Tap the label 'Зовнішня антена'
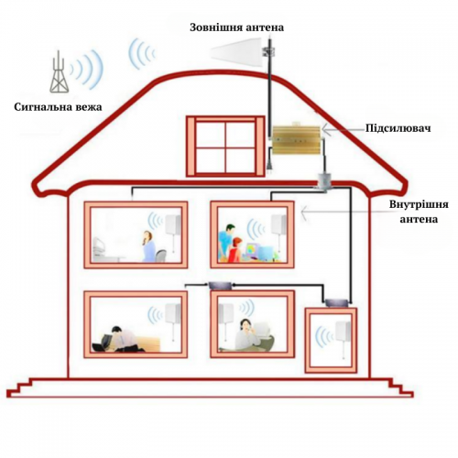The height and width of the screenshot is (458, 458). (236, 27)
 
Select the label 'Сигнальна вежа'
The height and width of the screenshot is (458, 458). (58, 107)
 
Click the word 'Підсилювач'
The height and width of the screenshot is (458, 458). (398, 128)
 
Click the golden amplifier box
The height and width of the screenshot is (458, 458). (296, 140)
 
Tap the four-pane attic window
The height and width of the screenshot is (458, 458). (225, 147)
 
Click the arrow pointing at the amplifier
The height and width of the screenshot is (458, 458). (343, 130)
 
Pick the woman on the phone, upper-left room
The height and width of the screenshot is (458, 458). (148, 246)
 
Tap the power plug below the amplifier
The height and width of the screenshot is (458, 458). (269, 166)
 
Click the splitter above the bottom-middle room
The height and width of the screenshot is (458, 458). (220, 286)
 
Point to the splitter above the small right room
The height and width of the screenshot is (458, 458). (336, 303)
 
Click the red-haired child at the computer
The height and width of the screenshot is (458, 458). (235, 250)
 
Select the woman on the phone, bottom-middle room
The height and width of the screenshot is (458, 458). (245, 334)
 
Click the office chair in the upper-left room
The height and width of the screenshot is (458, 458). (160, 256)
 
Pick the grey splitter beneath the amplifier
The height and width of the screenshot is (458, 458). (323, 182)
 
